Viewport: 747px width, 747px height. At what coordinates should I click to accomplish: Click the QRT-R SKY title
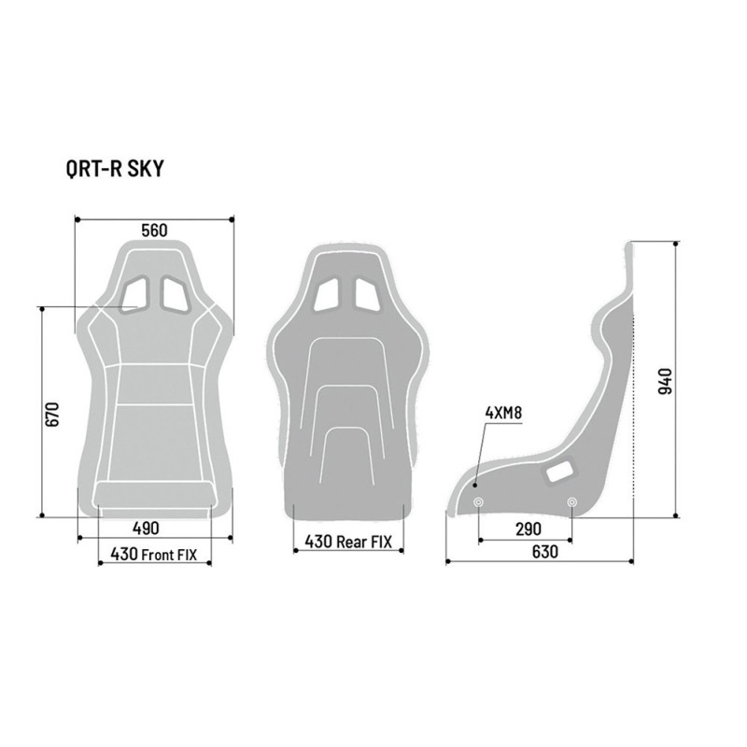pyautogui.click(x=115, y=169)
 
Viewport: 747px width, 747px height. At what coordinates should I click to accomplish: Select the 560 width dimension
pyautogui.click(x=155, y=231)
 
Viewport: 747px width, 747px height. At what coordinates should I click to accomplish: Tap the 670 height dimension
pyautogui.click(x=52, y=414)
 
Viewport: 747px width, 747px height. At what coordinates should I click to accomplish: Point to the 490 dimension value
pyautogui.click(x=146, y=529)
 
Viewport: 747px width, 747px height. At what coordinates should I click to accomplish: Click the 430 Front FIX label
pyautogui.click(x=153, y=554)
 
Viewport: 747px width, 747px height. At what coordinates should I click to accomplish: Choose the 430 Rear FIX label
pyautogui.click(x=348, y=542)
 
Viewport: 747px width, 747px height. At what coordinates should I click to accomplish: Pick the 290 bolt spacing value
pyautogui.click(x=529, y=529)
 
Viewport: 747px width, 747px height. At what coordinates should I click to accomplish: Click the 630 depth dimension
pyautogui.click(x=544, y=552)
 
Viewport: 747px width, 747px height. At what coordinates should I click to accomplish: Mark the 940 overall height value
pyautogui.click(x=665, y=381)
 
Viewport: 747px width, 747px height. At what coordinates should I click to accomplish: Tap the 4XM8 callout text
pyautogui.click(x=503, y=413)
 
